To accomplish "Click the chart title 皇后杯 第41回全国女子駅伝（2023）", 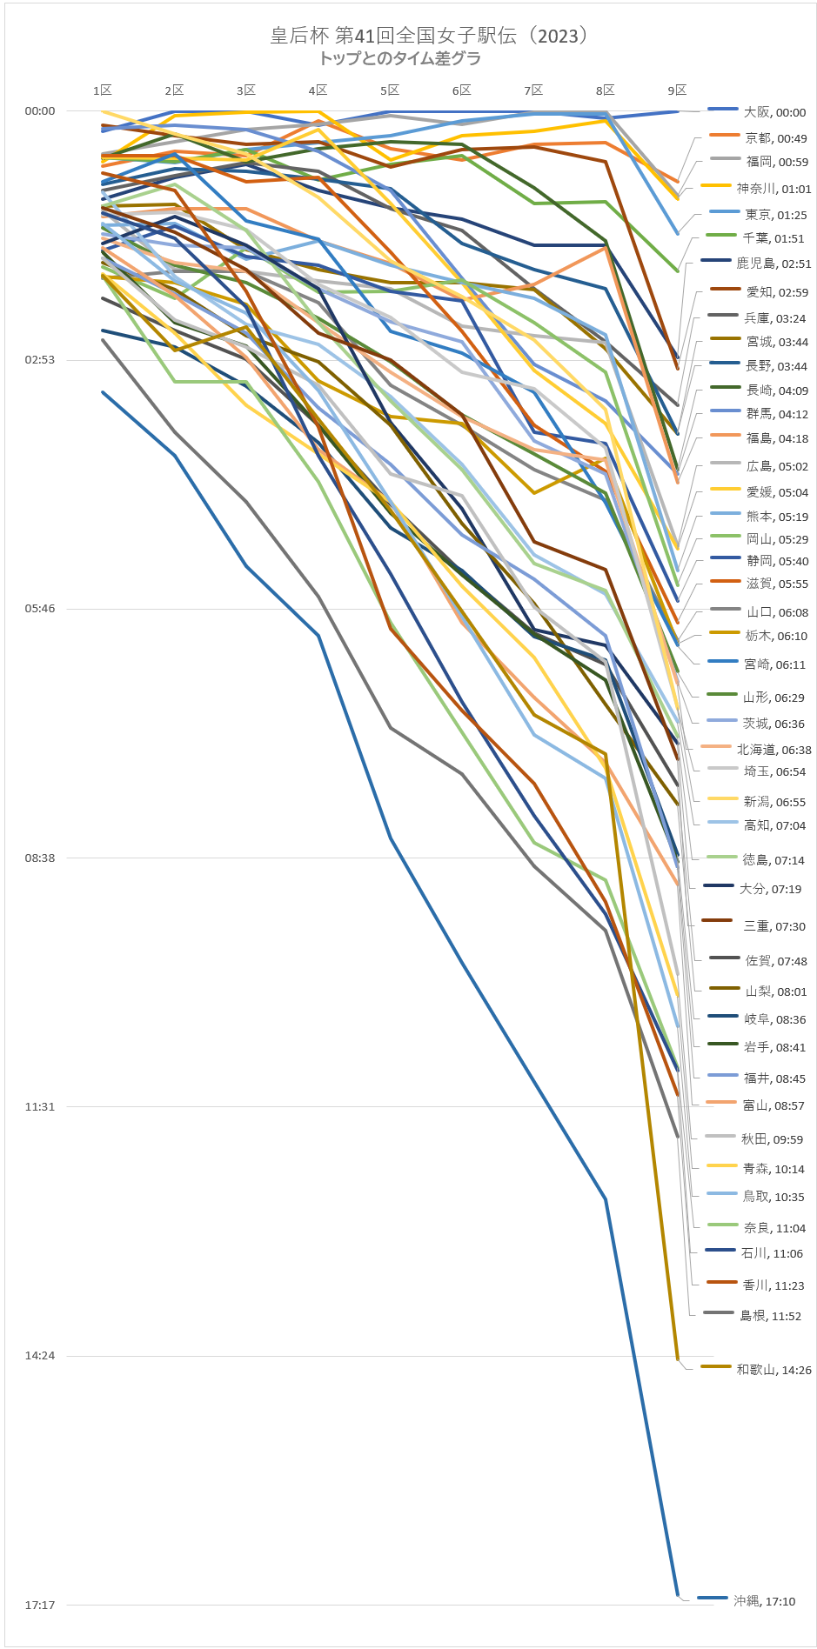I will (429, 36).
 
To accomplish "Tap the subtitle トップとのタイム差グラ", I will (399, 59).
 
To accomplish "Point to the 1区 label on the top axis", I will (103, 90).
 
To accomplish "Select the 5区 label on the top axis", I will (390, 90).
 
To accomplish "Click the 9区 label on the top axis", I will (677, 90).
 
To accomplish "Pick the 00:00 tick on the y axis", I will (40, 111).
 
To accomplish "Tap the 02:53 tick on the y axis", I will (40, 360).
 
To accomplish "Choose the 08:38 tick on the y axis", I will (40, 858).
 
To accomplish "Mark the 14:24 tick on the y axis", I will (40, 1356).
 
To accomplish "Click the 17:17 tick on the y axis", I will (40, 1605).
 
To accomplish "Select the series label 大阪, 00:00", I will (774, 112).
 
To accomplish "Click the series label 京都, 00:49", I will (776, 138).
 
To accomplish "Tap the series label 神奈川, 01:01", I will (773, 189).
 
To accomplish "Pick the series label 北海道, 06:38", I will (773, 750).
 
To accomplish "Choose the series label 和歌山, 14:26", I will (773, 1370).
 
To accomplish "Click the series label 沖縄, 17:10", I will (764, 1601).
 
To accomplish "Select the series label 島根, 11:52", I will (770, 1316).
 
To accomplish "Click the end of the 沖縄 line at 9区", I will (678, 1596).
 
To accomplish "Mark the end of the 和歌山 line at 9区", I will (677, 1359).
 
